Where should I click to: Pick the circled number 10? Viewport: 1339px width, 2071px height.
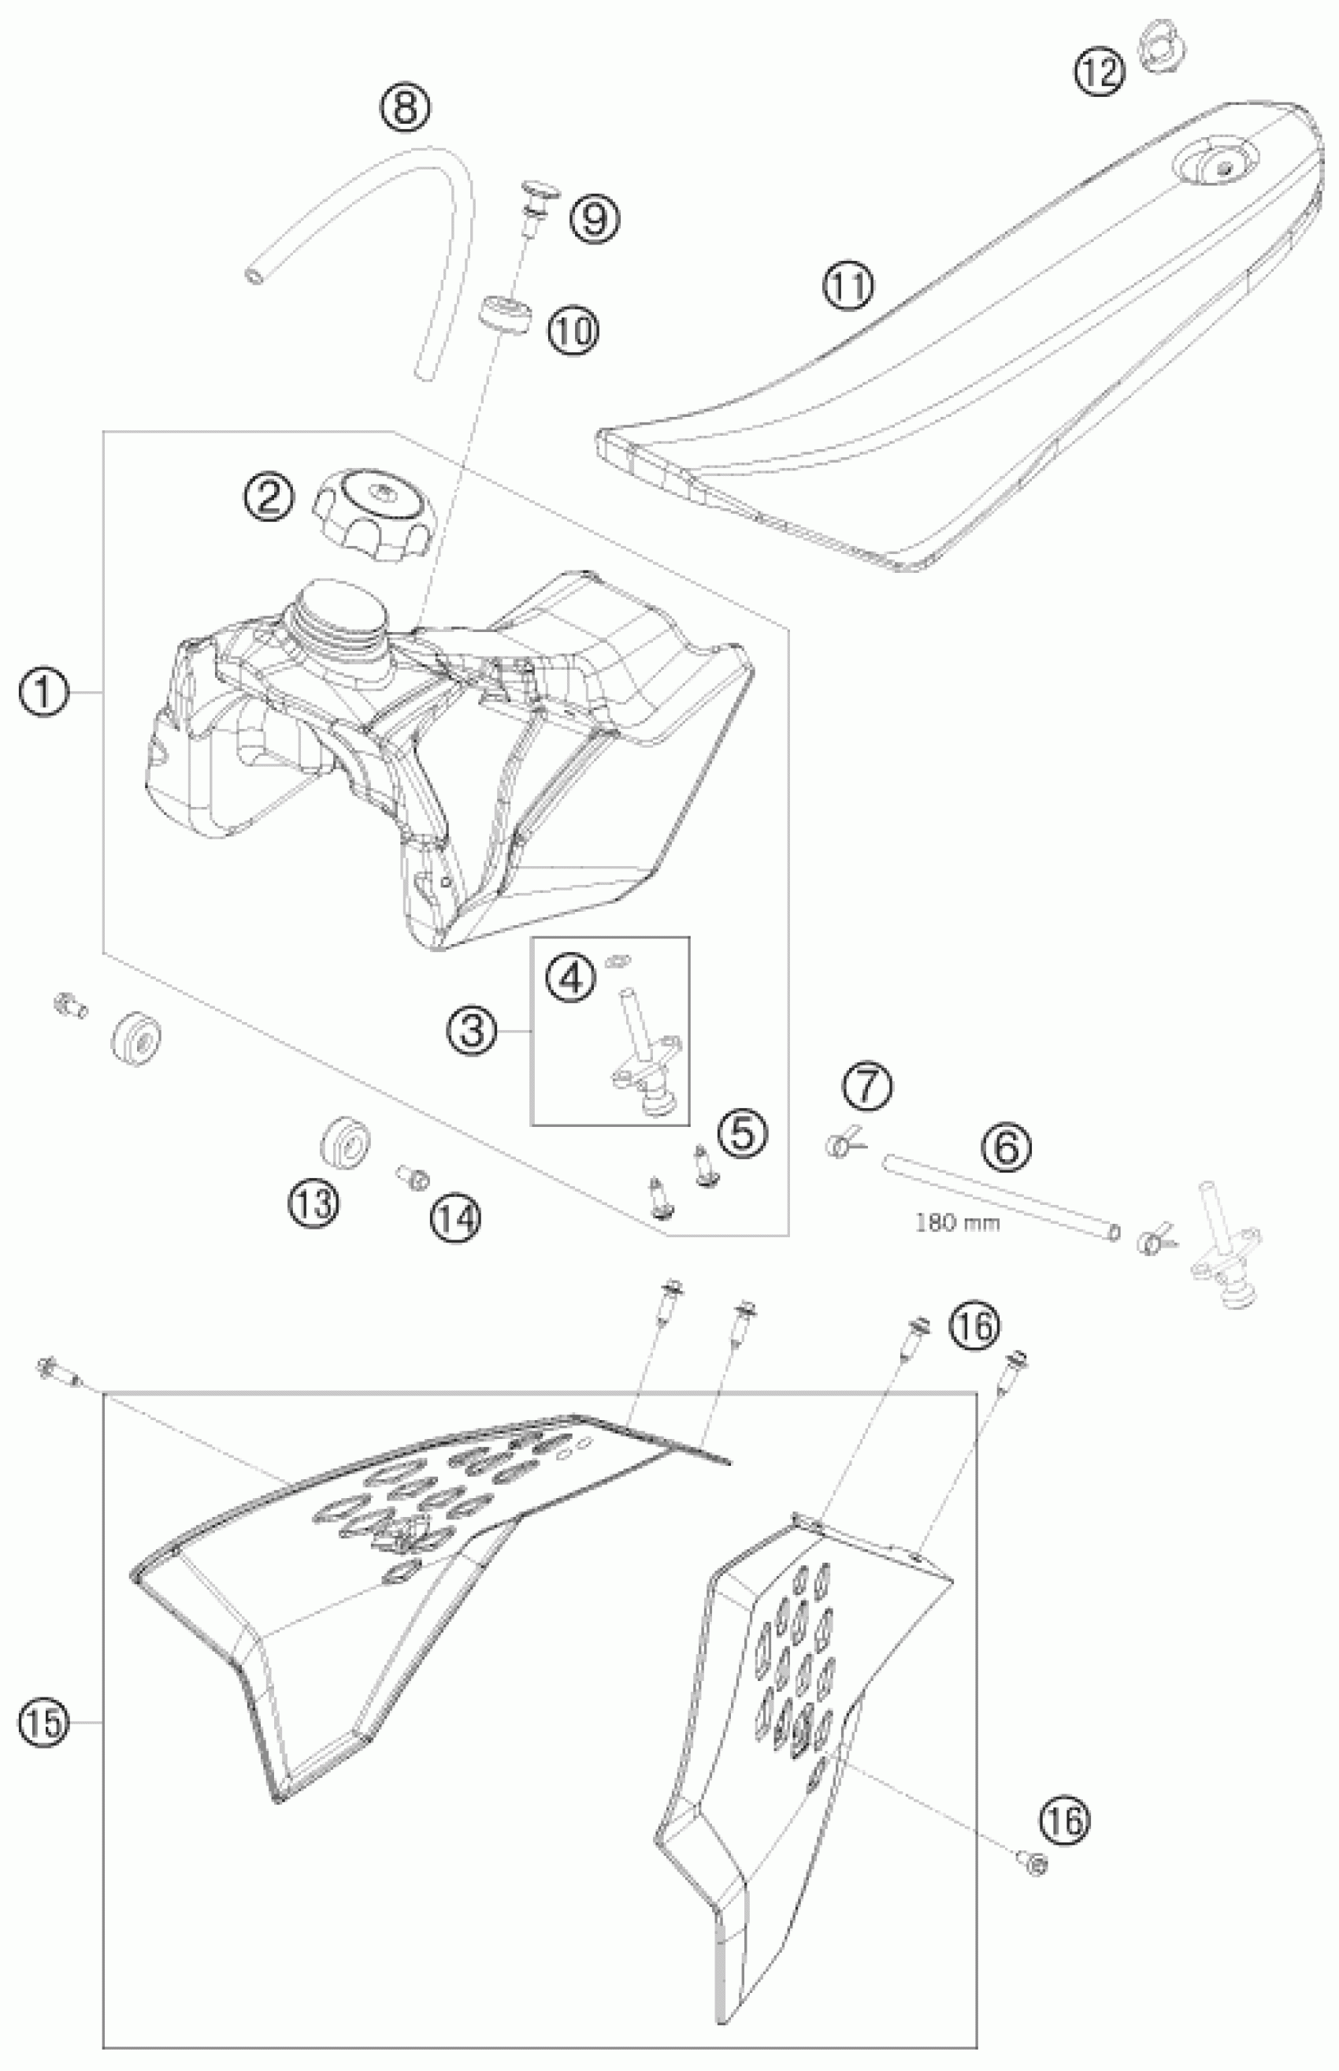tap(573, 329)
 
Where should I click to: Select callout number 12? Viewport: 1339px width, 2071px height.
tap(1099, 73)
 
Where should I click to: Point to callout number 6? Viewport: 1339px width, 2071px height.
tap(1007, 1147)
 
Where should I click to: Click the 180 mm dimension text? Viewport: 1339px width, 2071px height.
tap(957, 1224)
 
